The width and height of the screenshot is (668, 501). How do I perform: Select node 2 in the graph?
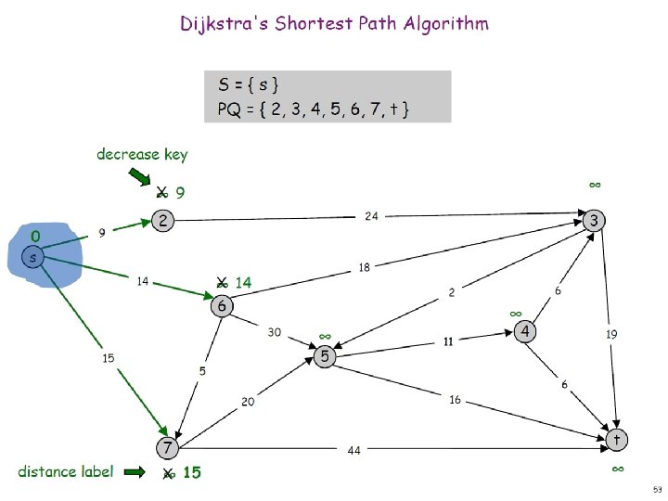(163, 221)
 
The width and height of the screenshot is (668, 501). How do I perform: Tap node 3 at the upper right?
(595, 221)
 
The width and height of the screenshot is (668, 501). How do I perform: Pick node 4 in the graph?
(525, 331)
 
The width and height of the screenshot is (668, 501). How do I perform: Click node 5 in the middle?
(325, 355)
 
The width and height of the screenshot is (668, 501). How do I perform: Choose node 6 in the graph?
(223, 305)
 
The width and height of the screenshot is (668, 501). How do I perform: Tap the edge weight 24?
(370, 216)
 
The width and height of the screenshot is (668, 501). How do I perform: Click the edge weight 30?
(275, 332)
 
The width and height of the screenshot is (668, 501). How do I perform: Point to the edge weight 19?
(611, 333)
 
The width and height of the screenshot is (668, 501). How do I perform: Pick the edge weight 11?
(447, 340)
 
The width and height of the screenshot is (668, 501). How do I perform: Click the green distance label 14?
(243, 282)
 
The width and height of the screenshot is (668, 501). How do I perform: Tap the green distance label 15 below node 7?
(191, 472)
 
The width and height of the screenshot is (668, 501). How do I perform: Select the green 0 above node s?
(34, 236)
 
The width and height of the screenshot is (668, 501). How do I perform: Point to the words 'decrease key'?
(141, 154)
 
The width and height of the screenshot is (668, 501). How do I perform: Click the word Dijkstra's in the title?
(220, 23)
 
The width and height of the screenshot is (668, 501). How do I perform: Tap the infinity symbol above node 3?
(595, 185)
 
